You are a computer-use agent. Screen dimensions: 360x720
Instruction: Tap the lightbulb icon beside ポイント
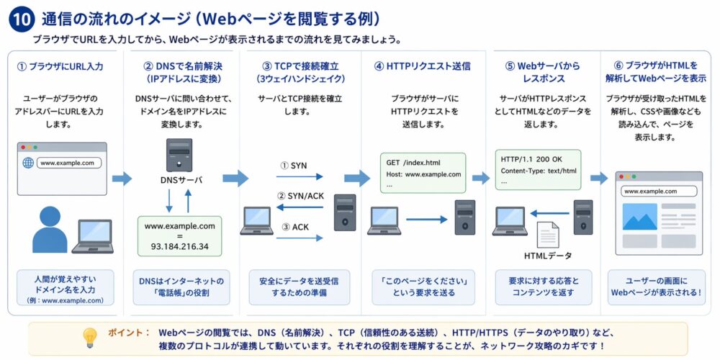pyautogui.click(x=91, y=338)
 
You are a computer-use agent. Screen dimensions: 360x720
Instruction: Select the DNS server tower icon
pyautogui.click(x=179, y=155)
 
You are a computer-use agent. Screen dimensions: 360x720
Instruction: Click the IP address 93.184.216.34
pyautogui.click(x=179, y=246)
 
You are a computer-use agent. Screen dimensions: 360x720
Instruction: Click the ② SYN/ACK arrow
pyautogui.click(x=301, y=207)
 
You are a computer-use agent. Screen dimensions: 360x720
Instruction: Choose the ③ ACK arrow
pyautogui.click(x=301, y=237)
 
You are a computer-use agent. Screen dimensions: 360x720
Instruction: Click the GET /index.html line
pyautogui.click(x=413, y=163)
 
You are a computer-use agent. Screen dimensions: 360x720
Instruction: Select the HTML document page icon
pyautogui.click(x=548, y=235)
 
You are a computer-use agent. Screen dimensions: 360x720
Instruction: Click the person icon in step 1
pyautogui.click(x=50, y=229)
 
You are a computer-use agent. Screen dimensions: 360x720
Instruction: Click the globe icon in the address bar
pyautogui.click(x=29, y=163)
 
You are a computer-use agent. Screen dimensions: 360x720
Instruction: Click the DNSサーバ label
pyautogui.click(x=179, y=181)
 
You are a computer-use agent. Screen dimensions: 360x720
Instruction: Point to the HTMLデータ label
pyautogui.click(x=548, y=256)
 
